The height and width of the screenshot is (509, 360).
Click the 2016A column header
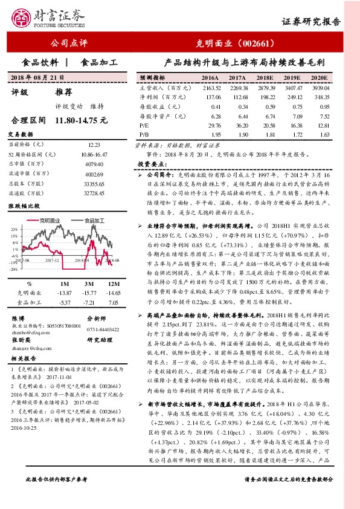point(209,79)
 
